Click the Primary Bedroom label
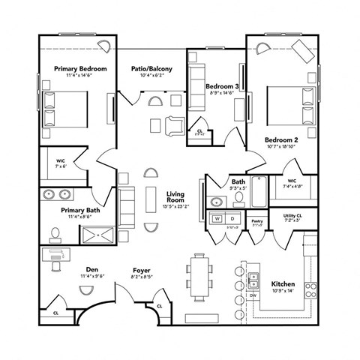click(x=80, y=69)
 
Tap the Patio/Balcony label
click(x=152, y=69)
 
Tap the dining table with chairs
click(x=199, y=275)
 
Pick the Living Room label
click(x=175, y=197)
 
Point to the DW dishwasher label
click(x=253, y=296)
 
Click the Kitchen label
click(x=283, y=285)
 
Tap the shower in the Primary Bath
click(x=98, y=235)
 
